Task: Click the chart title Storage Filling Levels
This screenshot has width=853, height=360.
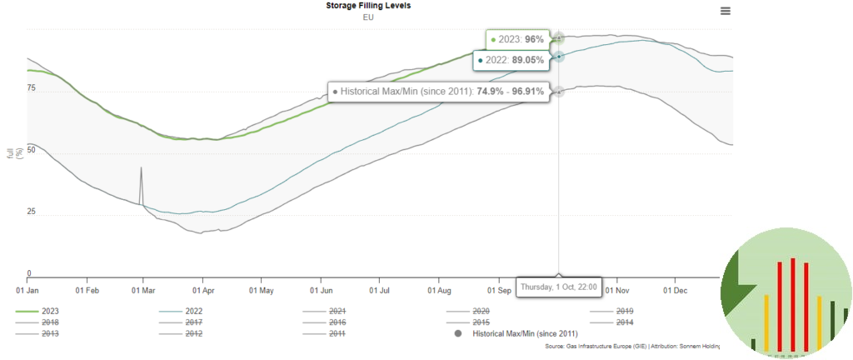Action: (368, 6)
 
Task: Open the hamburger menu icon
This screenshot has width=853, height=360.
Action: (726, 11)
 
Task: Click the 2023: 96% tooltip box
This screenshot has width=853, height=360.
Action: (517, 39)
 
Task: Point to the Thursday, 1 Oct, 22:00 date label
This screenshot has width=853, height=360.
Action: (558, 287)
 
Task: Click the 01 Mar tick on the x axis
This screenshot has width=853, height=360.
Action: (143, 291)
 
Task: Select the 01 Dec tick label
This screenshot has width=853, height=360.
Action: (674, 291)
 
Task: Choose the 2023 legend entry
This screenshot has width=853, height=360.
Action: (52, 311)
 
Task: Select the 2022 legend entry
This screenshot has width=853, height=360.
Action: (195, 311)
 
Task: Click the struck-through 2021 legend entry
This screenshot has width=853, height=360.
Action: (337, 311)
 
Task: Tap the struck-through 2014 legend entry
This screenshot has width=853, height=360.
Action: (623, 322)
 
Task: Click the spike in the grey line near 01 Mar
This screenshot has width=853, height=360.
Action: (141, 168)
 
